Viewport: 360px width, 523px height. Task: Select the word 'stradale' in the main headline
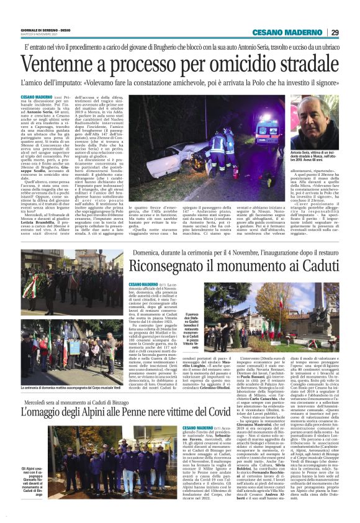click(297, 62)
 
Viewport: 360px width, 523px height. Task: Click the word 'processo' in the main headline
click(146, 62)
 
